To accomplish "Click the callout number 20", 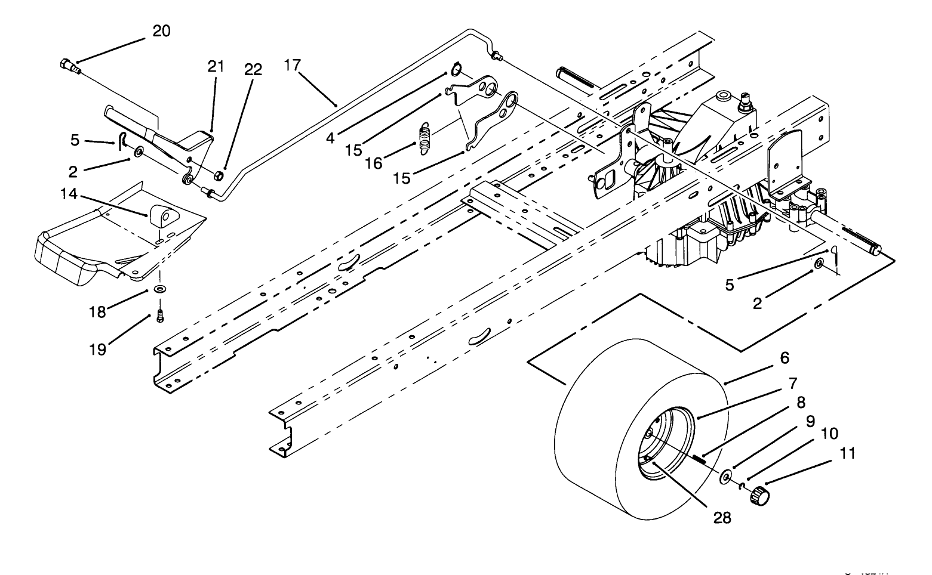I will click(x=161, y=31).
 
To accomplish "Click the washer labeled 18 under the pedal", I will click(x=160, y=289).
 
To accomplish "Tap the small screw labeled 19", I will click(x=159, y=316).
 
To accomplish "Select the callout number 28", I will click(x=722, y=518).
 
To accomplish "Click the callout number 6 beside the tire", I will click(x=784, y=358).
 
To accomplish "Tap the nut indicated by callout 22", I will click(x=219, y=175).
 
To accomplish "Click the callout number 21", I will click(x=216, y=66).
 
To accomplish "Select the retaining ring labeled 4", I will click(x=456, y=70).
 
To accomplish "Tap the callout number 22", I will click(x=253, y=70).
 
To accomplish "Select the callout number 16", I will click(x=374, y=163).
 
